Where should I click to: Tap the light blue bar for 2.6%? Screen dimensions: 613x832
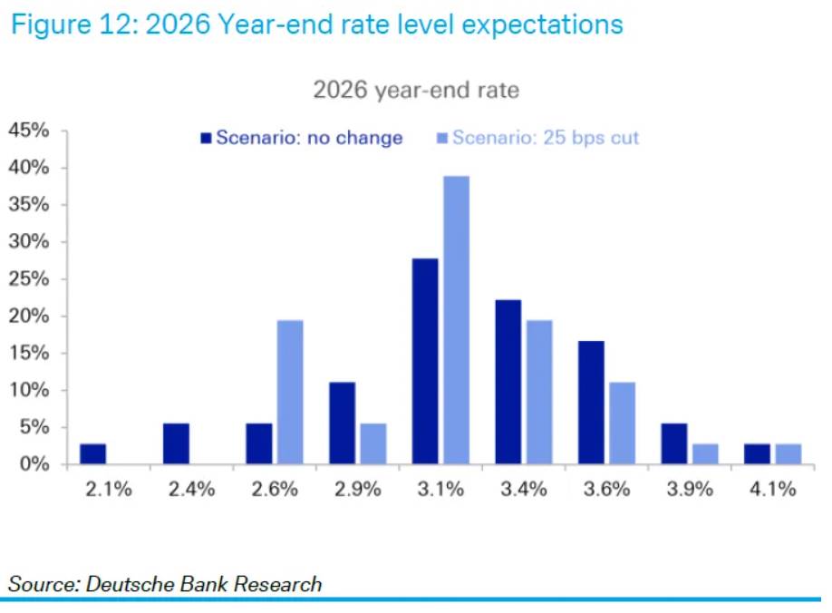tap(290, 392)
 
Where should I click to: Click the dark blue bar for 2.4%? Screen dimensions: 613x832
tap(176, 443)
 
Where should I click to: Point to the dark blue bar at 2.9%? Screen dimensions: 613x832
tap(342, 423)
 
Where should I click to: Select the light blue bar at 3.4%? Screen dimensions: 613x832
tap(538, 392)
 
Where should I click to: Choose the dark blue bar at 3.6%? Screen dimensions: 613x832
tap(591, 403)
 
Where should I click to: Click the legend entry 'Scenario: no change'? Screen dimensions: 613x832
tap(301, 138)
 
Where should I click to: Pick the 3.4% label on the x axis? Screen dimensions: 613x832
tap(524, 490)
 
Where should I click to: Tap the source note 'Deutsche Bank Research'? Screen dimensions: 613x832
tap(204, 584)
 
